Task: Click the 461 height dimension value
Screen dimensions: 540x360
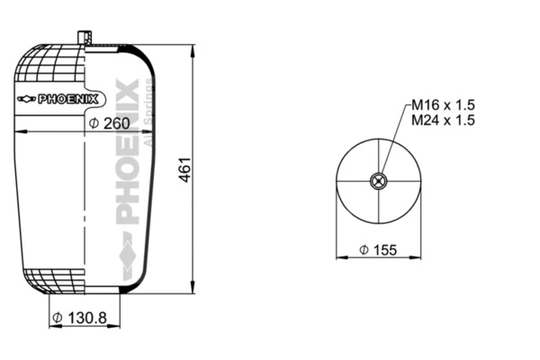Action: click(185, 170)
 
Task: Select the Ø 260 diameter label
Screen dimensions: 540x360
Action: click(109, 123)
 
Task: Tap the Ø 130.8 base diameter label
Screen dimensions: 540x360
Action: click(79, 318)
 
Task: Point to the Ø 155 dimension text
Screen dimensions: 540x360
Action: click(378, 250)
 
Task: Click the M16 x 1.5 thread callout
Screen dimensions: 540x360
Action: click(443, 104)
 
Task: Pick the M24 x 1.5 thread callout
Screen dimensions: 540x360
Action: click(443, 120)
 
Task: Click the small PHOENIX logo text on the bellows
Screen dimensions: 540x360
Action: click(68, 99)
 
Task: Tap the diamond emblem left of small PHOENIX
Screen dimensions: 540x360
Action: click(26, 99)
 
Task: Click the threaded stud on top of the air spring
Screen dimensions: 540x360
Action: click(85, 38)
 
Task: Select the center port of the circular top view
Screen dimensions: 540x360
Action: click(379, 181)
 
